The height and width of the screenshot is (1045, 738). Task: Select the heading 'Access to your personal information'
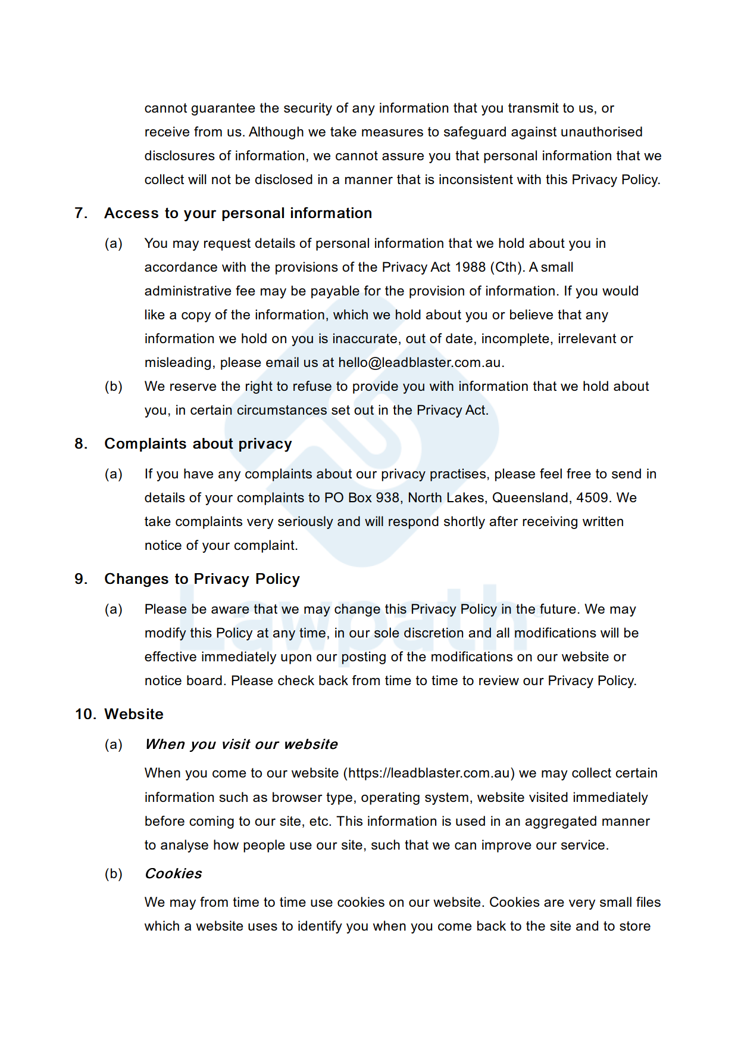coord(238,213)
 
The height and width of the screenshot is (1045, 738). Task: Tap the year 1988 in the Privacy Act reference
coord(470,268)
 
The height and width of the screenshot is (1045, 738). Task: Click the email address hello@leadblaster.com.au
coord(420,363)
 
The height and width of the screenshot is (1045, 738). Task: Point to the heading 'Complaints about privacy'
coord(198,444)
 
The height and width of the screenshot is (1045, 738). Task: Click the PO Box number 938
coord(387,498)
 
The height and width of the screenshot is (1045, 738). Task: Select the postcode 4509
coord(592,498)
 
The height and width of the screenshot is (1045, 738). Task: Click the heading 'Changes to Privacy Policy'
coord(202,579)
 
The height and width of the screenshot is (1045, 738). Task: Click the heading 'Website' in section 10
coord(134,714)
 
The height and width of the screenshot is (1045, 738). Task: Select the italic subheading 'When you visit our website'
coord(241,745)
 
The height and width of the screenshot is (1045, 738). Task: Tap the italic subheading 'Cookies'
coord(173,874)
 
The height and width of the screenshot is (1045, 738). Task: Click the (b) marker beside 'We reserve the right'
coord(114,387)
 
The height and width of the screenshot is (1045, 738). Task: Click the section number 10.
coord(85,714)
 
